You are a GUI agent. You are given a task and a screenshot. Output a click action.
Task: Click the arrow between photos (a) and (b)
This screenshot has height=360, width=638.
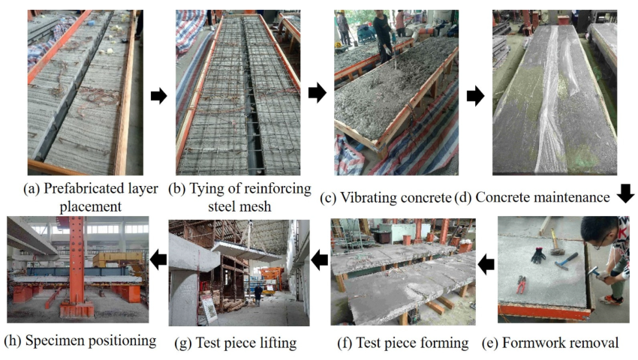point(159,95)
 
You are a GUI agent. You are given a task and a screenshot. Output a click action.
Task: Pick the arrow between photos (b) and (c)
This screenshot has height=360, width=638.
point(317,93)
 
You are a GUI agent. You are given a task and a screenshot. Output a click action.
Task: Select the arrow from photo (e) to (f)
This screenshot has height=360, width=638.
point(486,263)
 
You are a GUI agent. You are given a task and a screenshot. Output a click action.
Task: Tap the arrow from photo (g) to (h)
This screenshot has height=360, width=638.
point(158,259)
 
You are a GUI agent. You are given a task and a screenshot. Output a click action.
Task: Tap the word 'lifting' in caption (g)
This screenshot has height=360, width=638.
point(275,343)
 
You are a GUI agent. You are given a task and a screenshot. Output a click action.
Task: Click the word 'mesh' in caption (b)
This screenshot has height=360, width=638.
point(258,205)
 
